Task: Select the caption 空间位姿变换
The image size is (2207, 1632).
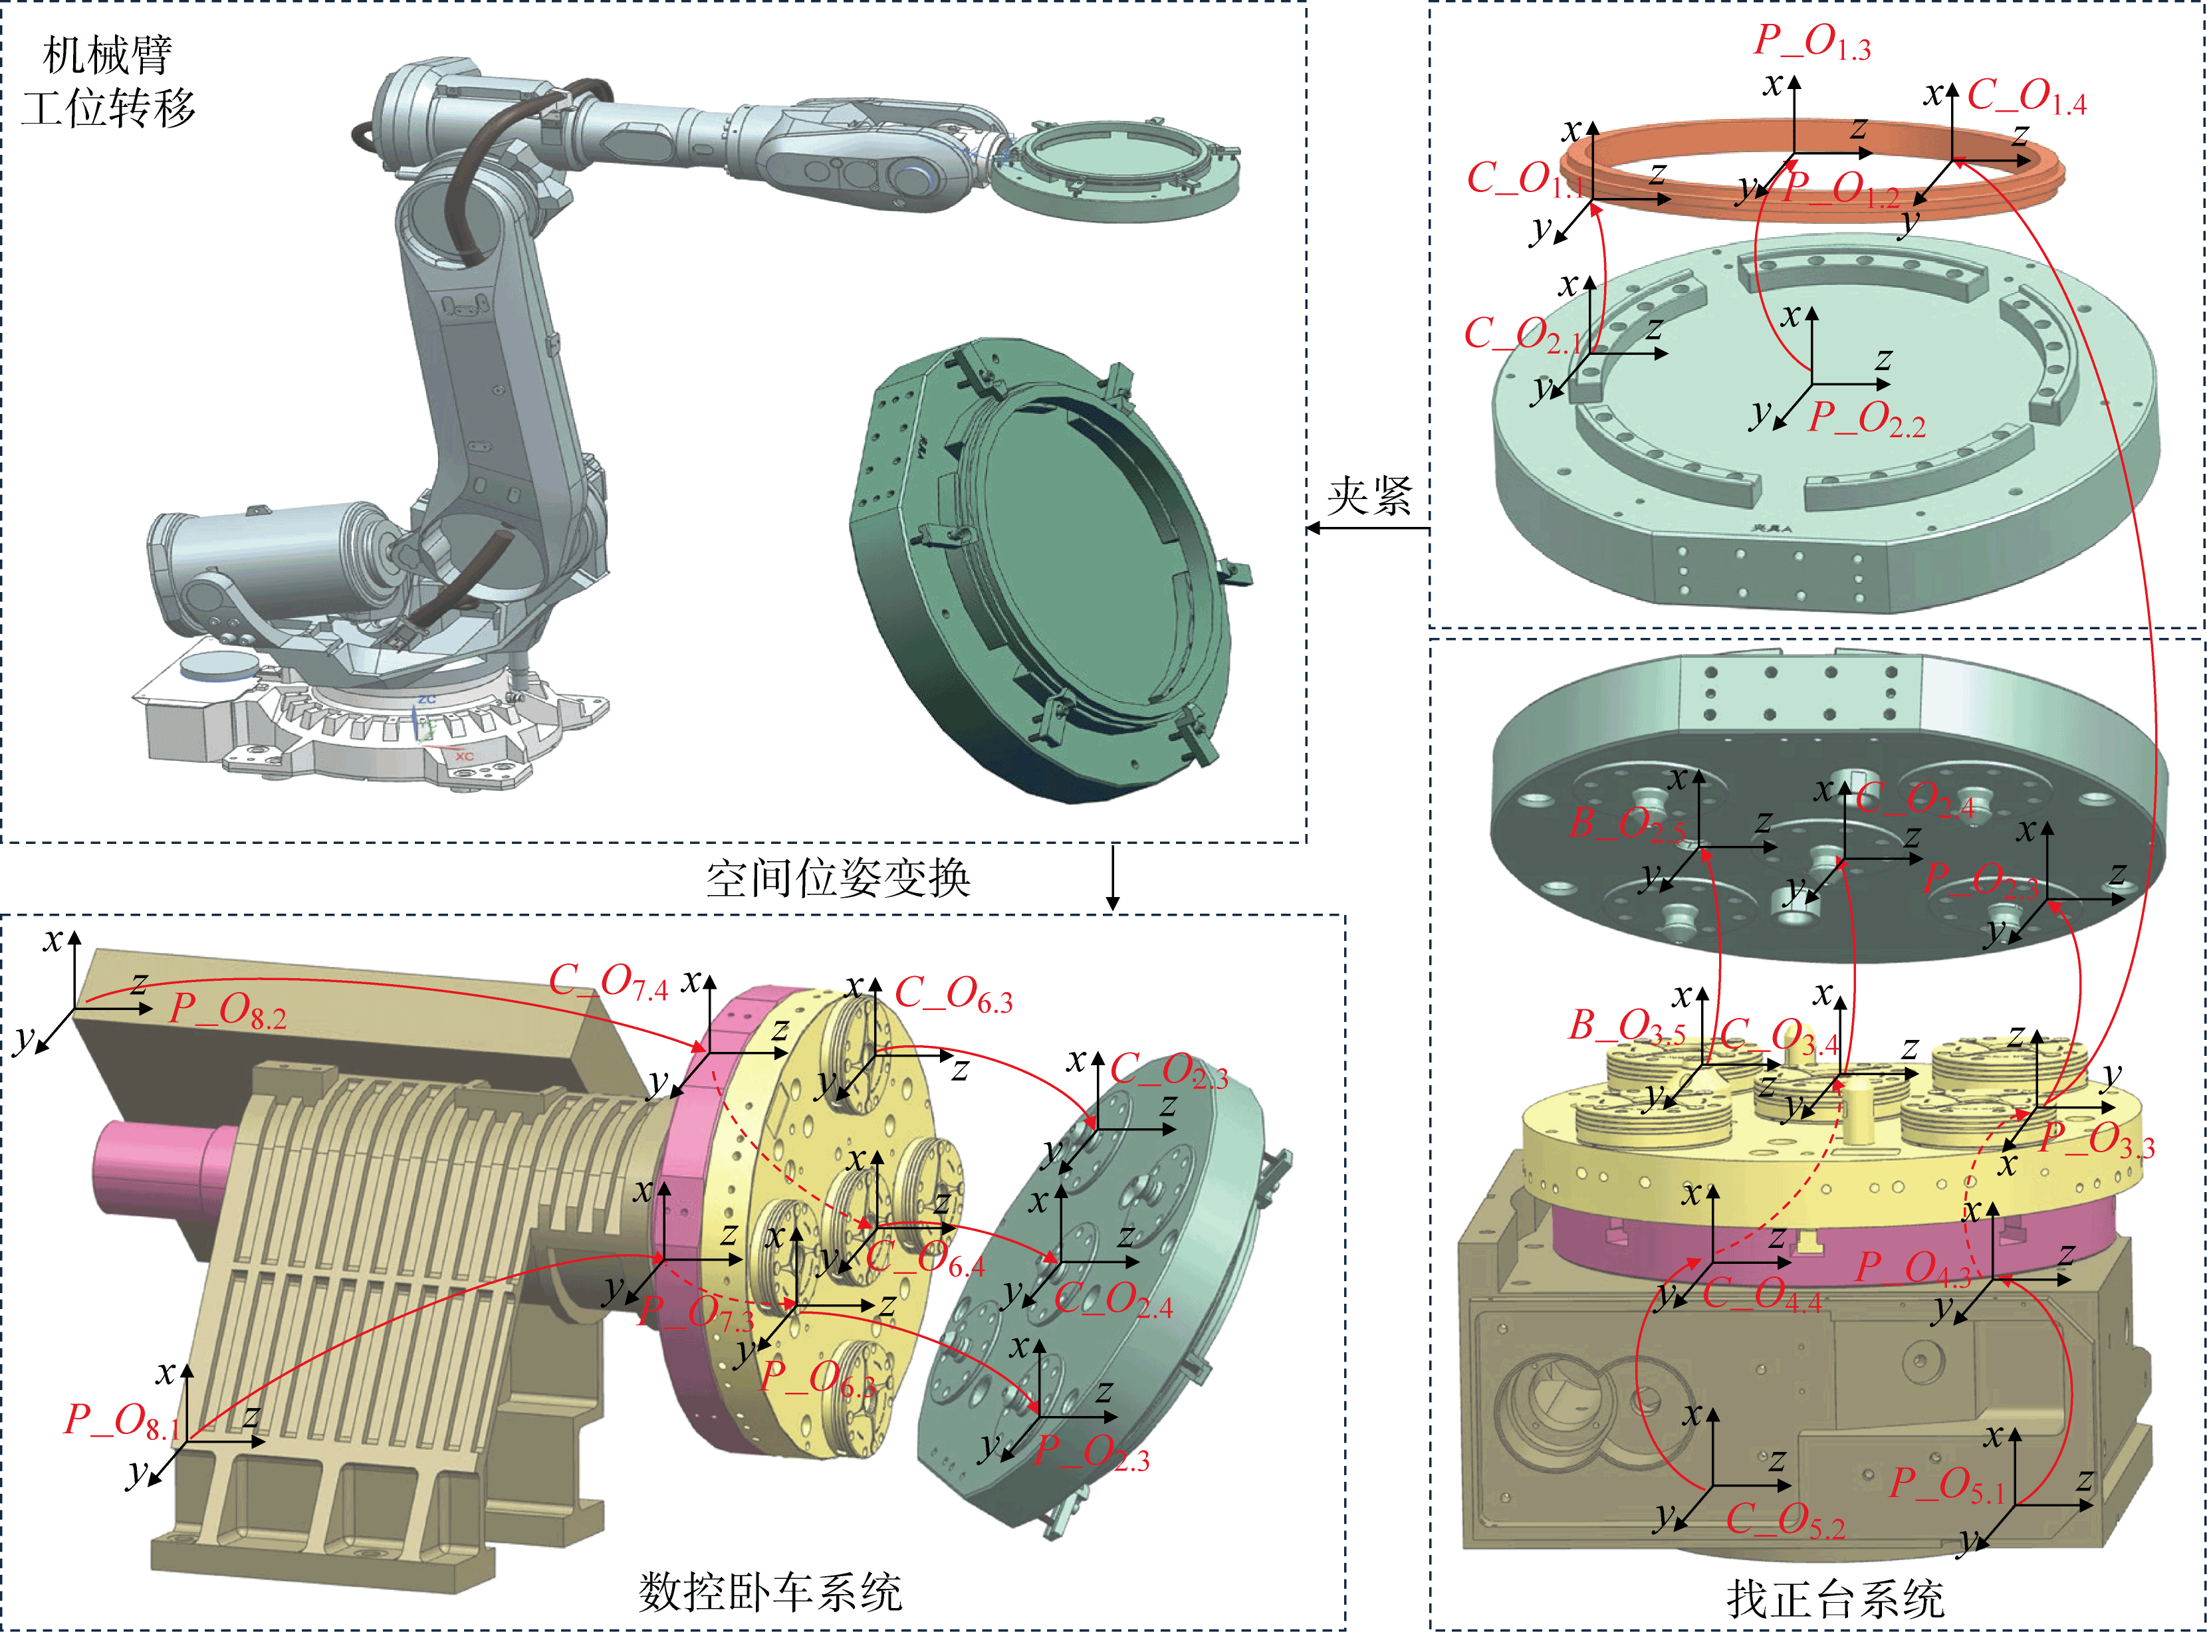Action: pos(838,877)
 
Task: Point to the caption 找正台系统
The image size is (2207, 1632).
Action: pos(1835,1598)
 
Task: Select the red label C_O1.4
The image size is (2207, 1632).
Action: pos(2026,98)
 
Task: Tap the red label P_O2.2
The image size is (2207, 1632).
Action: pos(1866,420)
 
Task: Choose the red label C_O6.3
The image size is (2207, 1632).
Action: pos(954,995)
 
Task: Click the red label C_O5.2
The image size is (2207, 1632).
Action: pos(1785,1520)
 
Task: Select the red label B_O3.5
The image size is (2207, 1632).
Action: pos(1626,1027)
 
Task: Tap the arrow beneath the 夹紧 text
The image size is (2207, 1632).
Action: pos(1368,528)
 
